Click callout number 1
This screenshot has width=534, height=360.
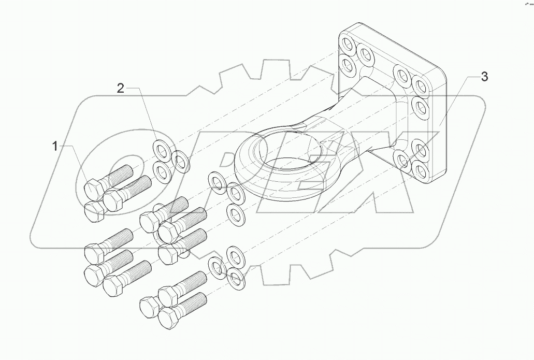(55, 147)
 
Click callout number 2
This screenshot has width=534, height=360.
(120, 89)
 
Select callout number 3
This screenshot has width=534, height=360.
(484, 77)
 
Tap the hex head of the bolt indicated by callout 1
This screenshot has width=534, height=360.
(93, 188)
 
